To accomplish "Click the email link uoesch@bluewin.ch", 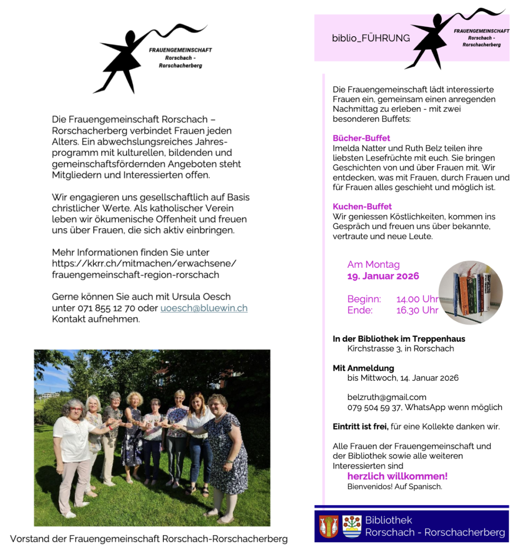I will [204, 308].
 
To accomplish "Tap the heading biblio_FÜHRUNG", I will [371, 38].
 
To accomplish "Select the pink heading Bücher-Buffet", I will [361, 138].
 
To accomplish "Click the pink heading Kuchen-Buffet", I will [362, 206].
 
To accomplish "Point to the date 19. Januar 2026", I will [383, 276].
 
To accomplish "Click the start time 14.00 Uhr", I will [417, 299].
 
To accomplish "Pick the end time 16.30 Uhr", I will [417, 310].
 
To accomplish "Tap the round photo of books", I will [470, 293].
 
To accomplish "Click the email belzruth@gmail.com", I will [386, 397].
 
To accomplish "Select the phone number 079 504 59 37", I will [374, 407].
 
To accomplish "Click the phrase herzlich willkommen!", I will [397, 476].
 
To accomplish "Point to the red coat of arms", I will [329, 526].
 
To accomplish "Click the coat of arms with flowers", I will [352, 526].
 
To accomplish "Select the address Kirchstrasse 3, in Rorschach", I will [401, 349].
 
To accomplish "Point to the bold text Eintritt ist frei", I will [360, 426].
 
